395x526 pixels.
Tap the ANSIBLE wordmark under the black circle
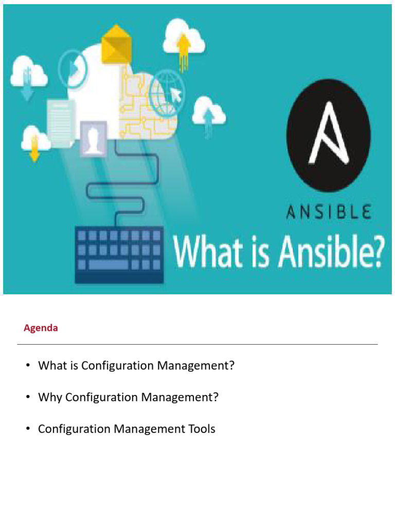[x=328, y=212]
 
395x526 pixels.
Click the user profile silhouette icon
[x=93, y=138]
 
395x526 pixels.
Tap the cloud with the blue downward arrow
[x=29, y=74]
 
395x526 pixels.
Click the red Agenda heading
[x=41, y=328]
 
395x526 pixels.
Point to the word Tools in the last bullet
[x=201, y=428]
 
